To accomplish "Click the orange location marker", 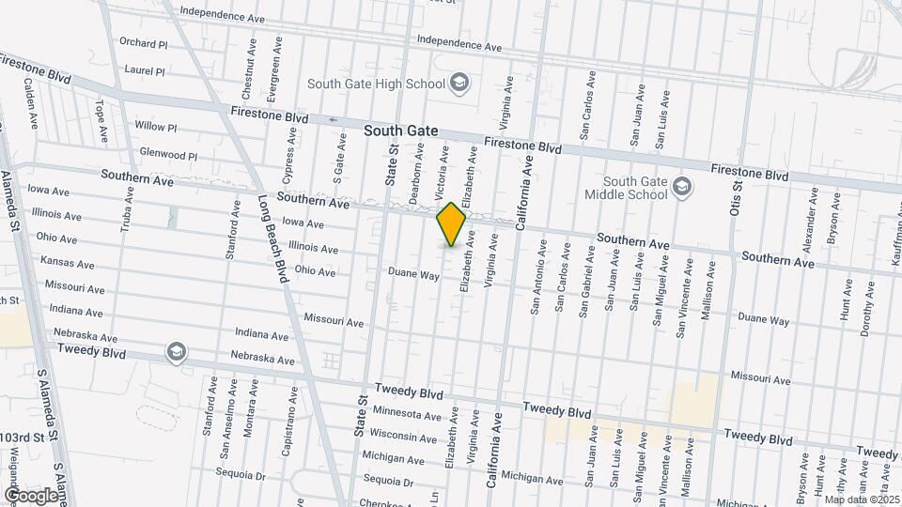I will click(x=452, y=224).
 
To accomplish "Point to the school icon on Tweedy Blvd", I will click(x=176, y=352).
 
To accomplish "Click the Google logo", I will click(x=30, y=495).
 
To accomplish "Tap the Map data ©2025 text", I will click(x=862, y=499).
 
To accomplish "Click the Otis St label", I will click(x=738, y=182).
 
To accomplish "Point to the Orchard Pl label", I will click(x=143, y=43).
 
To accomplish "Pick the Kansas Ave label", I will click(x=68, y=264).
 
